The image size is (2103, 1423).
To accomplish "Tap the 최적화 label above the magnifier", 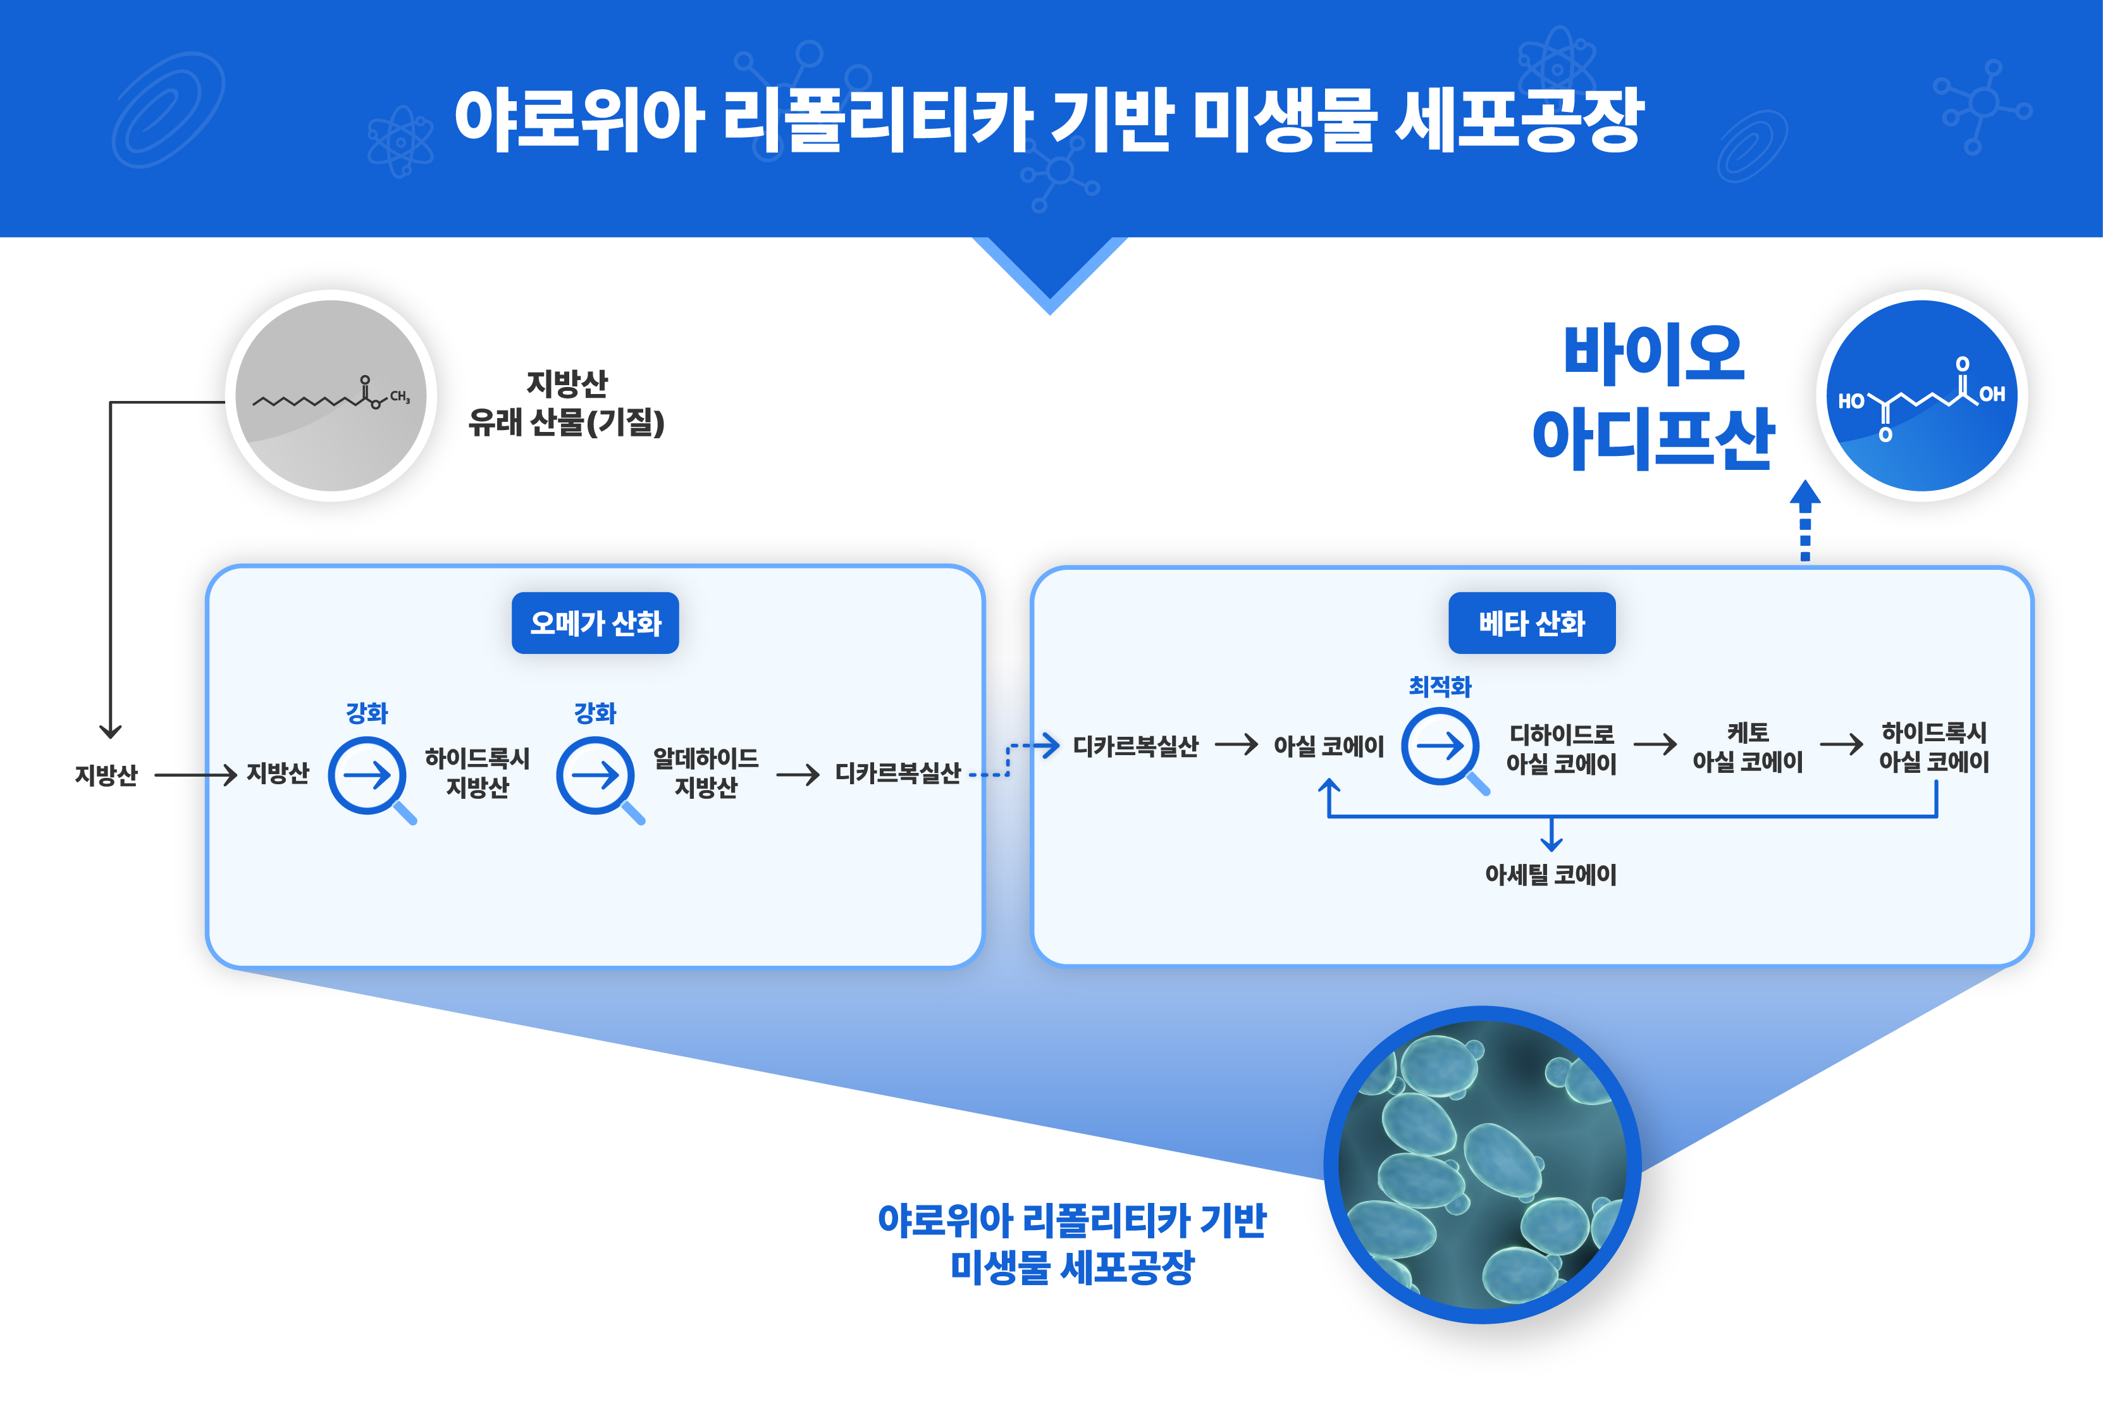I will (x=1440, y=687).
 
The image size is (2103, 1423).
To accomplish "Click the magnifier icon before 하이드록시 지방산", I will (x=367, y=776).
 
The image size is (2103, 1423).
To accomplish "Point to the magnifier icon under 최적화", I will (x=1441, y=748).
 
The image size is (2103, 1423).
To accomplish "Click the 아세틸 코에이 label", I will (x=1550, y=875).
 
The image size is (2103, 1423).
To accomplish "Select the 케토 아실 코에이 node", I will (x=1748, y=748).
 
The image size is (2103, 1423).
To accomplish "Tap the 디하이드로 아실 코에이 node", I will (x=1561, y=749).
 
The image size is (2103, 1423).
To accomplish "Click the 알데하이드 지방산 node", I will (x=706, y=773).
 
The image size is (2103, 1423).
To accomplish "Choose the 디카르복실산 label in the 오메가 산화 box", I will (x=897, y=773).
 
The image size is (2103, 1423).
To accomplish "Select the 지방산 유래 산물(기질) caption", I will (x=567, y=403).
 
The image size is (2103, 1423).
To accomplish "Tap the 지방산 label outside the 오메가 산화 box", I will (x=106, y=775).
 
